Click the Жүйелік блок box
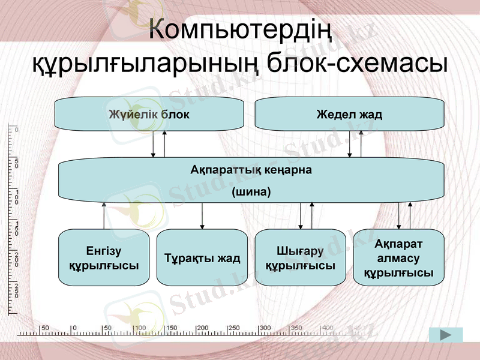tap(149, 114)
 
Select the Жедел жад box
tap(350, 114)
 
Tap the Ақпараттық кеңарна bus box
tap(251, 180)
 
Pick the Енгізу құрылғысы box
tap(104, 257)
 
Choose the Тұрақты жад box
tap(202, 258)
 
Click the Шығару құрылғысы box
tap(300, 258)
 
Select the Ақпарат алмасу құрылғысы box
tap(398, 257)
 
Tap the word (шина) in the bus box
tap(251, 193)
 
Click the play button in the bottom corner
tap(446, 335)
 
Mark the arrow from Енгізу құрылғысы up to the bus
tap(104, 216)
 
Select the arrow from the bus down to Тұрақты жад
tap(202, 216)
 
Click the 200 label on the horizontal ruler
tap(202, 328)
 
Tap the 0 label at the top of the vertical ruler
tap(16, 130)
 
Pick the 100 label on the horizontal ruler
tap(140, 328)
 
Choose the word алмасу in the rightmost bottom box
tap(398, 259)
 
